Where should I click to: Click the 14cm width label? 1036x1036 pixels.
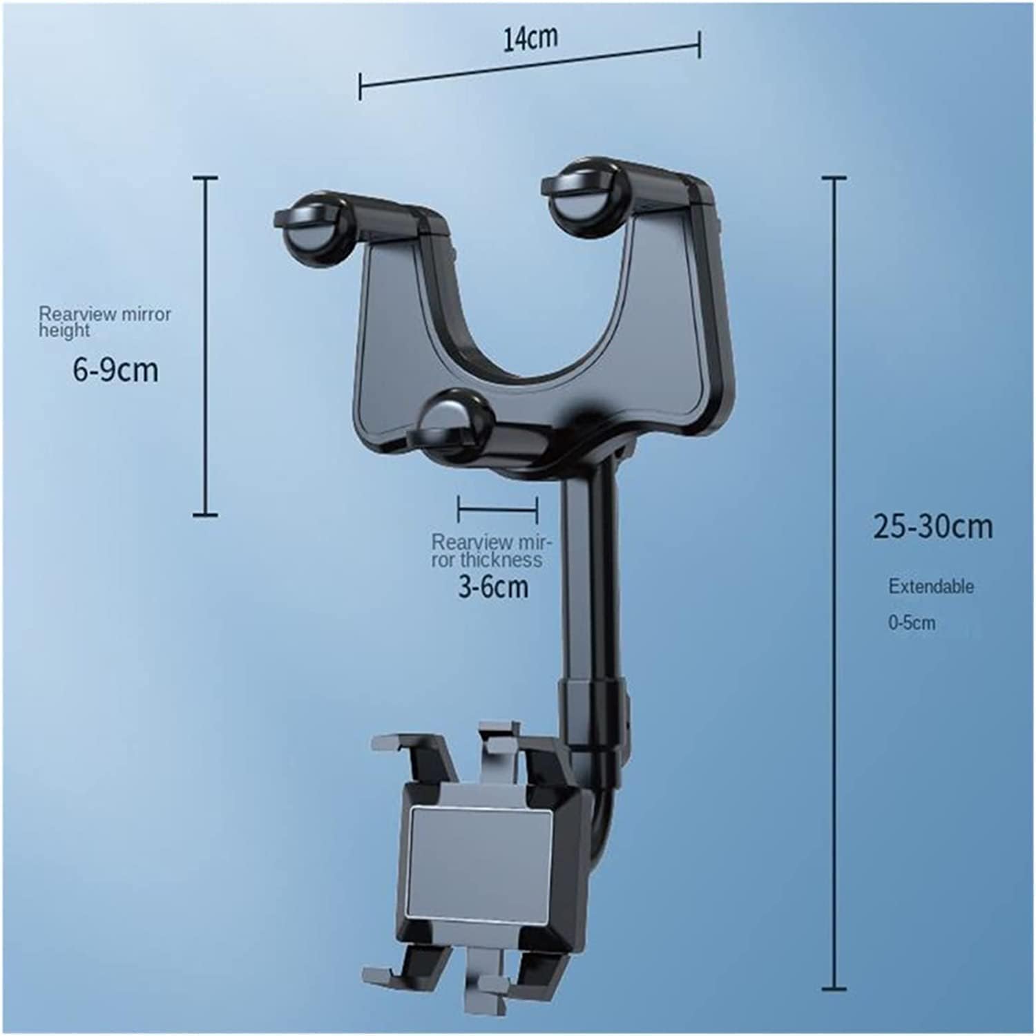[x=530, y=38]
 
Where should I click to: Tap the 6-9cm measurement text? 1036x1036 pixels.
[x=115, y=371]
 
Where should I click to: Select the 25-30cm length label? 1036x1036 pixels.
[x=932, y=527]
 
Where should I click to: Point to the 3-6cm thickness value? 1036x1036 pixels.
[x=493, y=586]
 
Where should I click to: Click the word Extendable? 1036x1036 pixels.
[x=930, y=586]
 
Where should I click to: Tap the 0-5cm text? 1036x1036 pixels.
[x=911, y=622]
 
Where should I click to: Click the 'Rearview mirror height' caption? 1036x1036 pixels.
[x=104, y=322]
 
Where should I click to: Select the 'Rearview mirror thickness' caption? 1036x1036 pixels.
[x=491, y=550]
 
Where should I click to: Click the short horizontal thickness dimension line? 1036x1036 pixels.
[x=497, y=509]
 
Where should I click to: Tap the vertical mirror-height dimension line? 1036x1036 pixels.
[x=205, y=345]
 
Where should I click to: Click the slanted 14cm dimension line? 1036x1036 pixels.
[x=530, y=69]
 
